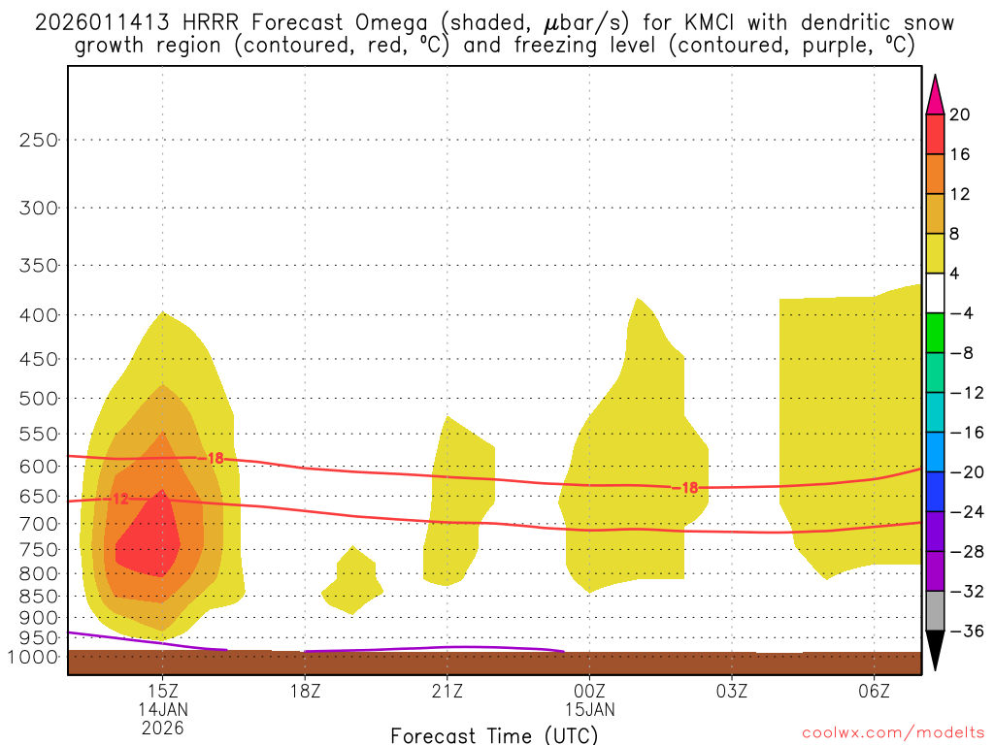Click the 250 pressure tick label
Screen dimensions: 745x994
coord(39,140)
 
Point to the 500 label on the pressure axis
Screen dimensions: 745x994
coord(39,399)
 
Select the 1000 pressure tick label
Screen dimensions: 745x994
coord(35,657)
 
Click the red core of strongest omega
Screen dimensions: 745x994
coord(150,543)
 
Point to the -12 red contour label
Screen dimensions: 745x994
coord(117,499)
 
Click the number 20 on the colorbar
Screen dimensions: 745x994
coord(960,114)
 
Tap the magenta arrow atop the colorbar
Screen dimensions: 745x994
coord(935,95)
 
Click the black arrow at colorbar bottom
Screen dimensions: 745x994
coord(935,650)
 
